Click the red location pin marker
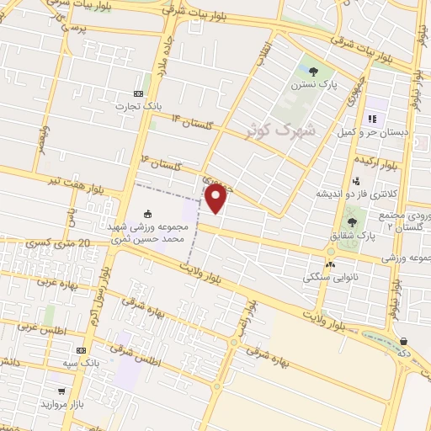[x=216, y=199]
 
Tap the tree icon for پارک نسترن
[x=313, y=72]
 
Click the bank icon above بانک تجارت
[x=139, y=93]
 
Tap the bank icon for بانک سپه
[x=82, y=350]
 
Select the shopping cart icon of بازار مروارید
[x=61, y=391]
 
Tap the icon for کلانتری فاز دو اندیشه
[x=357, y=179]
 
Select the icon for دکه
[x=405, y=342]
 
